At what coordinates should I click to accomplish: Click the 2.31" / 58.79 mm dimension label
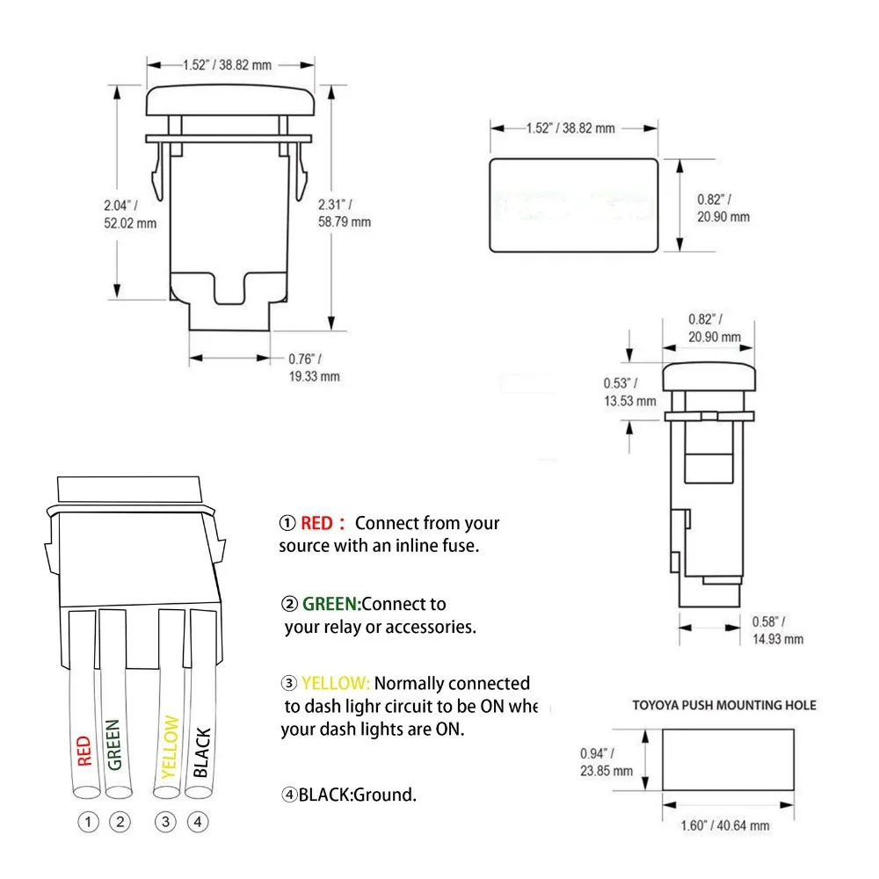344,214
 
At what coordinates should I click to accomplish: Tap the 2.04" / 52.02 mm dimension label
129,214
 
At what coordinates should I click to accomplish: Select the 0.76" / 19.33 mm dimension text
314,367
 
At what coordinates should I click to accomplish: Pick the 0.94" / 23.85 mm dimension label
607,762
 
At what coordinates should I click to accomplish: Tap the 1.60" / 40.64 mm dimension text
727,825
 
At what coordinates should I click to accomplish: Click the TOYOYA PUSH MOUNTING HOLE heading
724,705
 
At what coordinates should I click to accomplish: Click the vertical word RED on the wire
84,750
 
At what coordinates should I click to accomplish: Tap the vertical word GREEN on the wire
113,745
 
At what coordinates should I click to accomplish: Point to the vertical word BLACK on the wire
200,752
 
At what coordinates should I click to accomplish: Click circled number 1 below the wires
87,823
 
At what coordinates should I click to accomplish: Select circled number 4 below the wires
199,823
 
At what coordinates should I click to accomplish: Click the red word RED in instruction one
316,524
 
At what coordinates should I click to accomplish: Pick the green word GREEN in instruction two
331,605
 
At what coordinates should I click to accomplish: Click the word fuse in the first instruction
459,546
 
